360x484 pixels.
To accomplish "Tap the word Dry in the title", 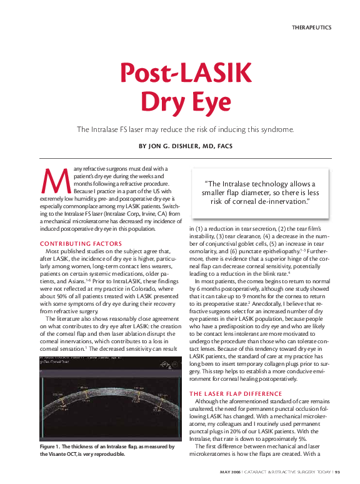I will coord(157,101).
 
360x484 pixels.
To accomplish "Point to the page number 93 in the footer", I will coord(336,471).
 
